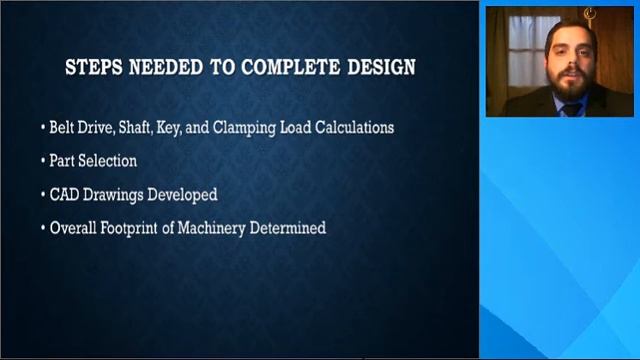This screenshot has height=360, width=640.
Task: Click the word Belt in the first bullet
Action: pos(65,128)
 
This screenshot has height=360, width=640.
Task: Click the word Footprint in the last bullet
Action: pos(131,228)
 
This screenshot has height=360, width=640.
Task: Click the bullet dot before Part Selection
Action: pos(43,161)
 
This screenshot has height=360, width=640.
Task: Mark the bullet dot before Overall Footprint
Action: pos(43,229)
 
